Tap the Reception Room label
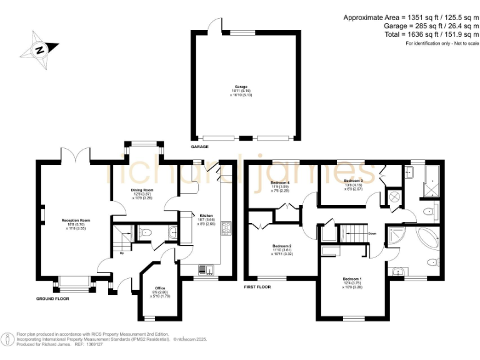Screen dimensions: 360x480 [x=76, y=220]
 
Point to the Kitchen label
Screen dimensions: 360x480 [x=206, y=215]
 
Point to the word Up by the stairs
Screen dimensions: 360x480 [x=113, y=253]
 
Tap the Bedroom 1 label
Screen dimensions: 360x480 [x=352, y=278]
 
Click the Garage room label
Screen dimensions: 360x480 [x=241, y=87]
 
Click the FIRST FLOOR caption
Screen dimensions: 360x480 [x=258, y=288]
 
